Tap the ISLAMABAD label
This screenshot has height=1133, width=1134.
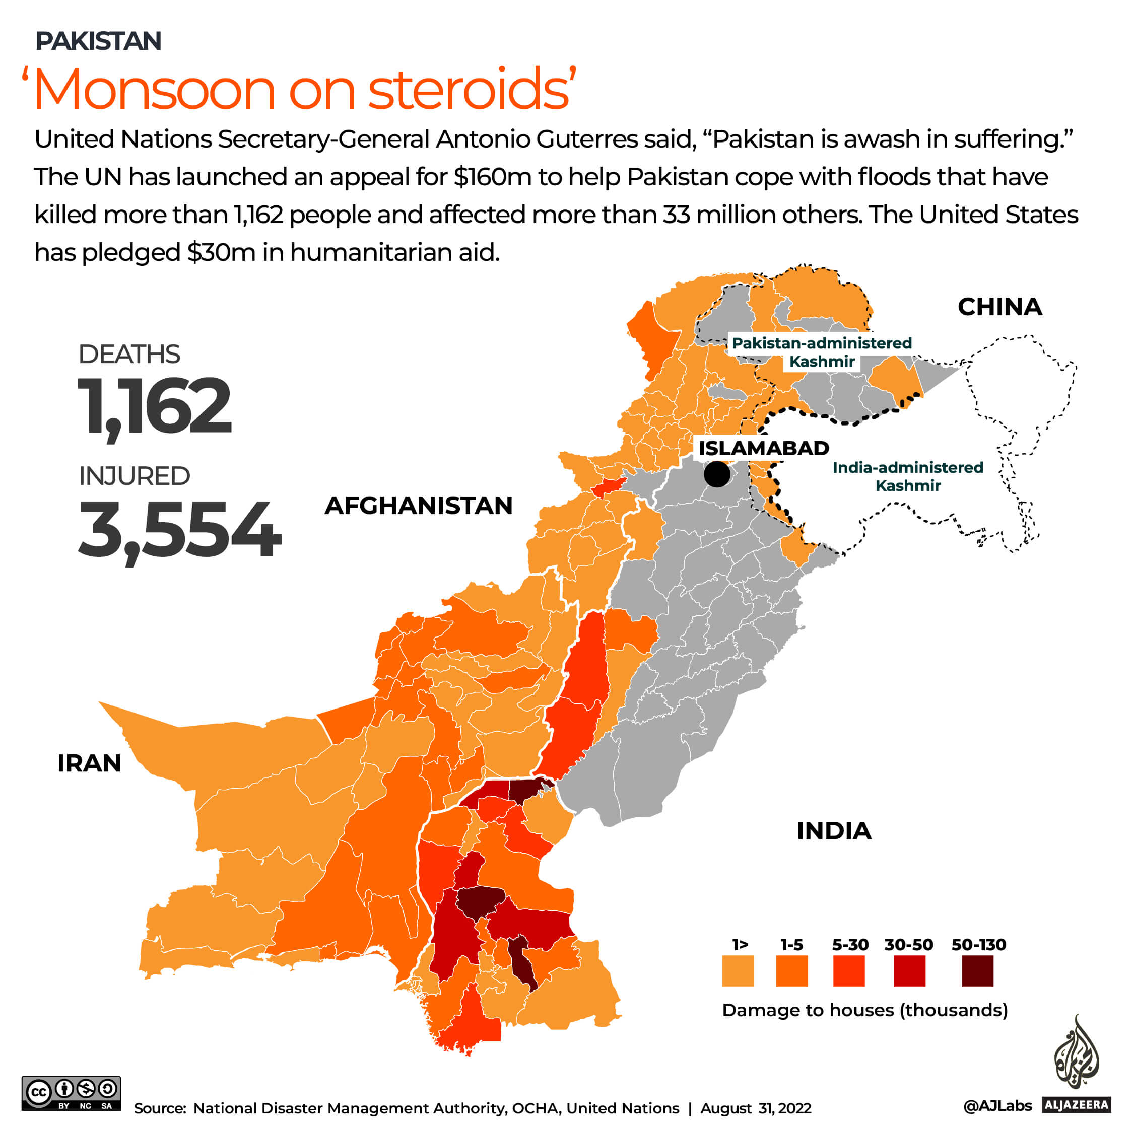(763, 448)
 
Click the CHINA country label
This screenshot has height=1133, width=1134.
(999, 307)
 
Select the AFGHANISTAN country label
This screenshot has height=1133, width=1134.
(419, 505)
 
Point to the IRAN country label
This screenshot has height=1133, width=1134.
(89, 763)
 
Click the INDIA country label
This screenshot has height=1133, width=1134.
(833, 831)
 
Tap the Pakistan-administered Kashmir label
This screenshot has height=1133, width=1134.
(821, 352)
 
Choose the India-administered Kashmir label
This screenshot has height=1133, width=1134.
(907, 476)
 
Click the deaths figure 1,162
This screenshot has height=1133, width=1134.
(154, 406)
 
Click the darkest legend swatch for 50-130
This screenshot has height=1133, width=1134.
(977, 971)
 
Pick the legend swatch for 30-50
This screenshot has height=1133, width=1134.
(909, 971)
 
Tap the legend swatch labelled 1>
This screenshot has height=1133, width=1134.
(737, 971)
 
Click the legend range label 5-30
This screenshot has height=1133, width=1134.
(850, 945)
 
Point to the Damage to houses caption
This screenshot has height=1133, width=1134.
(864, 1010)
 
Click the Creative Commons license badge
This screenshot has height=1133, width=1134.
(71, 1093)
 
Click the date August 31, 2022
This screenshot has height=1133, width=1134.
(756, 1108)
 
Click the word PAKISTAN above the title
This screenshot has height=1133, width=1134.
(98, 41)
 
